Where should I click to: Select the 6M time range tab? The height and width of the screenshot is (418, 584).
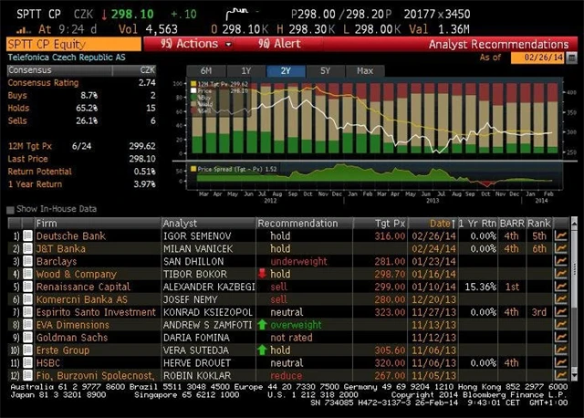[205, 70]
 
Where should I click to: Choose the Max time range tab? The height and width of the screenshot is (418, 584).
[365, 70]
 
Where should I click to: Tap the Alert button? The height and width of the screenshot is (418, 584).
[279, 44]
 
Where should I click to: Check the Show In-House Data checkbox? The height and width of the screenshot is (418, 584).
[9, 210]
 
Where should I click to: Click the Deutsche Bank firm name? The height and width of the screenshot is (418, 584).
[70, 235]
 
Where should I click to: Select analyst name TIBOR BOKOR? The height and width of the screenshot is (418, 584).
[194, 273]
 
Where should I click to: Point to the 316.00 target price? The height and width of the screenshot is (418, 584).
[391, 235]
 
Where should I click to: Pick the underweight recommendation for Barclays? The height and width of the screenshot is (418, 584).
[299, 260]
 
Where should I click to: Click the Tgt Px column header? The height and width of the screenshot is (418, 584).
[391, 223]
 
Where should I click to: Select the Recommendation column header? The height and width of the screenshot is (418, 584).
[297, 223]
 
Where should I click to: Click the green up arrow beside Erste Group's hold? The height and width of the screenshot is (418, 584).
[262, 349]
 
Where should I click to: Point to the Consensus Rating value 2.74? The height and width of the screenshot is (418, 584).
[146, 82]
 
